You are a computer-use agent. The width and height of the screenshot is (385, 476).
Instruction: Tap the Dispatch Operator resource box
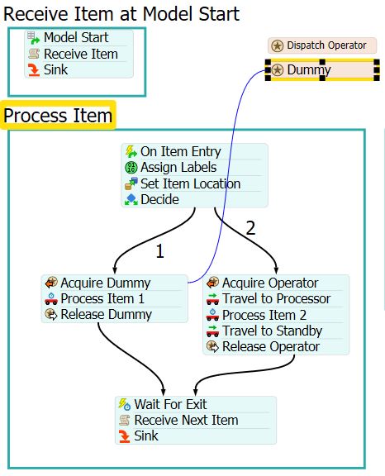click(322, 45)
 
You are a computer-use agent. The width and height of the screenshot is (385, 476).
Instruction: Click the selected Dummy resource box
click(322, 70)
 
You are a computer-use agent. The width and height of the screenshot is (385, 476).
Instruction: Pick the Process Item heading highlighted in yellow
click(58, 116)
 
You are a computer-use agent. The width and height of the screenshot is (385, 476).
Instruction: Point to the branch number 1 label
click(160, 252)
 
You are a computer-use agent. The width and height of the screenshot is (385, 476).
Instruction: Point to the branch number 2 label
click(250, 228)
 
